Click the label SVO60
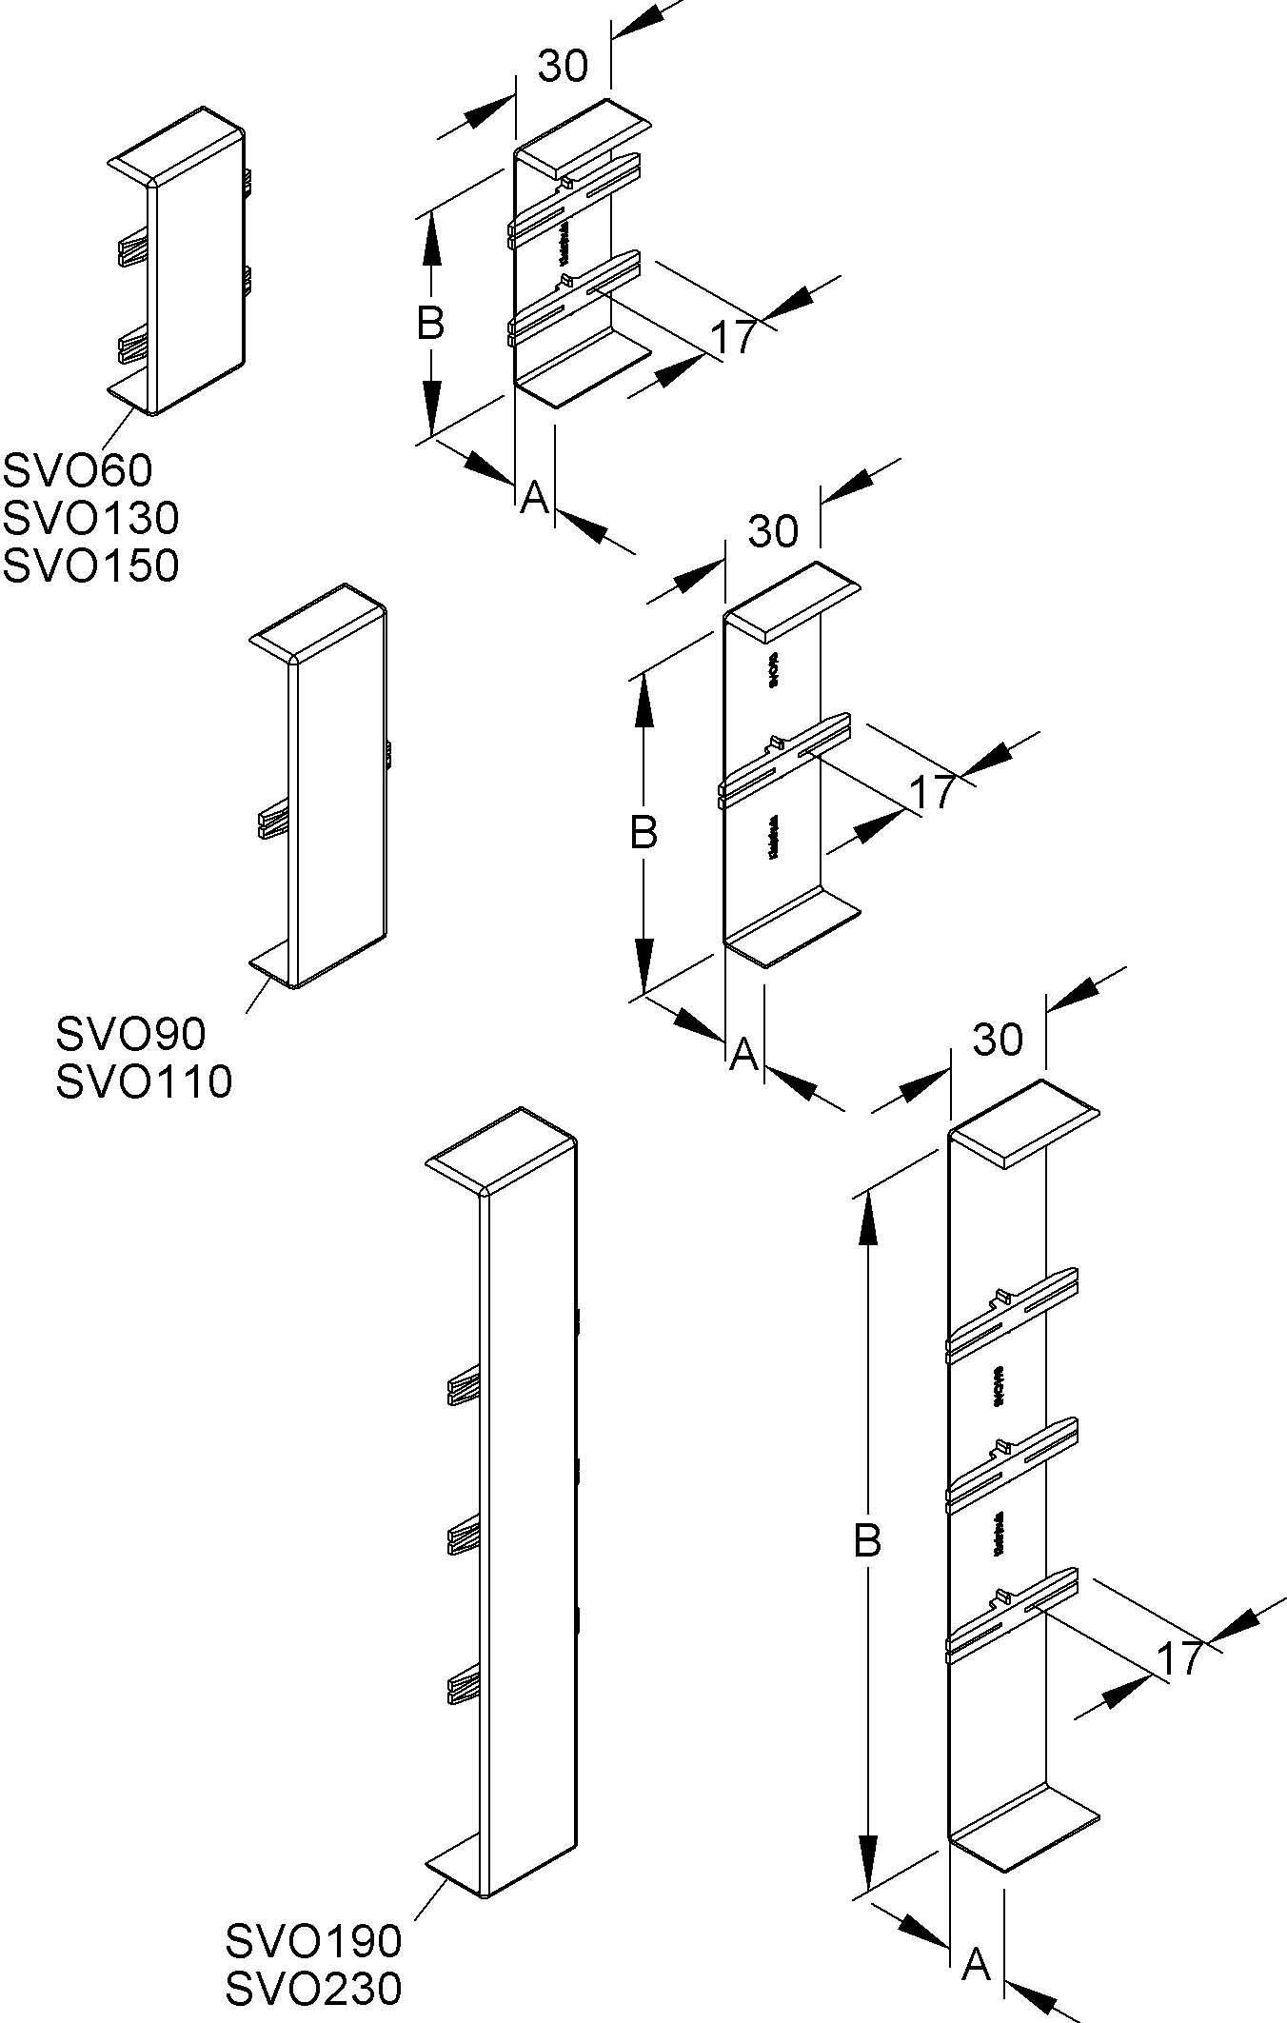click(x=77, y=469)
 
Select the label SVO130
click(x=90, y=518)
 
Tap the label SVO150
click(x=90, y=565)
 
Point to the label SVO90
click(x=130, y=1033)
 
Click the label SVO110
click(x=144, y=1081)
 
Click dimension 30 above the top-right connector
click(x=564, y=67)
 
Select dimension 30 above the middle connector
click(x=773, y=531)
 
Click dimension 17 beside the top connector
click(x=733, y=337)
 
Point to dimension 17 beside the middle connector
click(x=932, y=792)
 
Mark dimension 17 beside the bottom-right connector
click(x=1179, y=1659)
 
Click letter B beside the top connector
click(x=430, y=325)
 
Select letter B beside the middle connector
click(x=644, y=833)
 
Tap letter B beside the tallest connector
click(x=867, y=1540)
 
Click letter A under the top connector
click(x=535, y=496)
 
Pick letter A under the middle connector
click(x=743, y=1054)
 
